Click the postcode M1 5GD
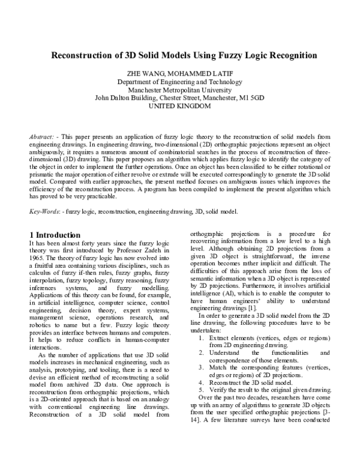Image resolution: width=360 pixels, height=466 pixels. coord(250,98)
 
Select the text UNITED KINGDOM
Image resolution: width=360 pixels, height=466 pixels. coord(180,106)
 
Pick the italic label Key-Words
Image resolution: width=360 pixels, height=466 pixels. coord(45,211)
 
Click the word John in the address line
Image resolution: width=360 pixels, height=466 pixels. coord(103,98)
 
